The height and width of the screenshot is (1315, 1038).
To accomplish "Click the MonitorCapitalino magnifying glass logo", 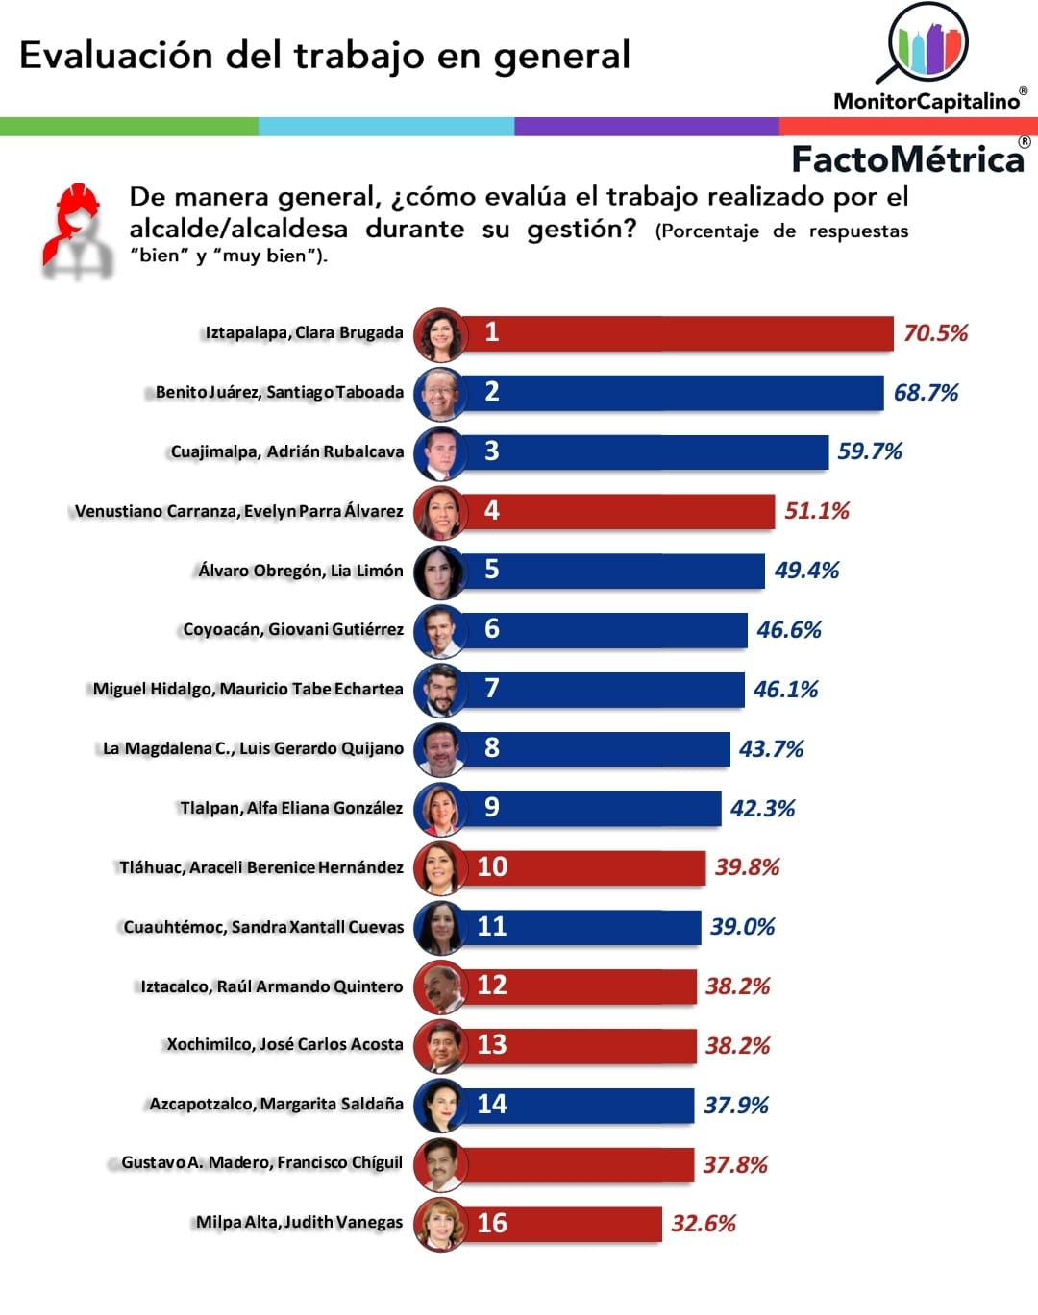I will [926, 42].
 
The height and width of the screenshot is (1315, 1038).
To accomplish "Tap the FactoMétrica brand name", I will [907, 159].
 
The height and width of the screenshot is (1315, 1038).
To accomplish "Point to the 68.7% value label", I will [926, 393].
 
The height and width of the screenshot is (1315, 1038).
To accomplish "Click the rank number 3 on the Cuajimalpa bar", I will [492, 451].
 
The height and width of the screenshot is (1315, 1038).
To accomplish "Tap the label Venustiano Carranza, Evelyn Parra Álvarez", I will [239, 511].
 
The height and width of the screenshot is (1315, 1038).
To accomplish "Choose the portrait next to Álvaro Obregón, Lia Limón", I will [439, 572].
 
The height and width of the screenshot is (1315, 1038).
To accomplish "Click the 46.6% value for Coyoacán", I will [788, 630].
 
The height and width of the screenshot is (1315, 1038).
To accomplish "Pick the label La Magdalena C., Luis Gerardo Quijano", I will [253, 749].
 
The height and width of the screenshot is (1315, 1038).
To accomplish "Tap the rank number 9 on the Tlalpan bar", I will [492, 808].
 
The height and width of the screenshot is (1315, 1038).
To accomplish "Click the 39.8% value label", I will [747, 867].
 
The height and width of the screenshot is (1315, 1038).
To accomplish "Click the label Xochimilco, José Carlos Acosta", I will [284, 1045].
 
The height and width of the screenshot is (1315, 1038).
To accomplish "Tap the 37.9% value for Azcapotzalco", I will [736, 1106].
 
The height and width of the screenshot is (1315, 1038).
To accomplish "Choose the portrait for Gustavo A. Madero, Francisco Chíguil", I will [439, 1165].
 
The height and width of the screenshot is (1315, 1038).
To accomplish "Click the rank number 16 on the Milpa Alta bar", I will [492, 1224].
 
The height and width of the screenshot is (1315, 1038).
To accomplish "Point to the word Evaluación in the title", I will [115, 56].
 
